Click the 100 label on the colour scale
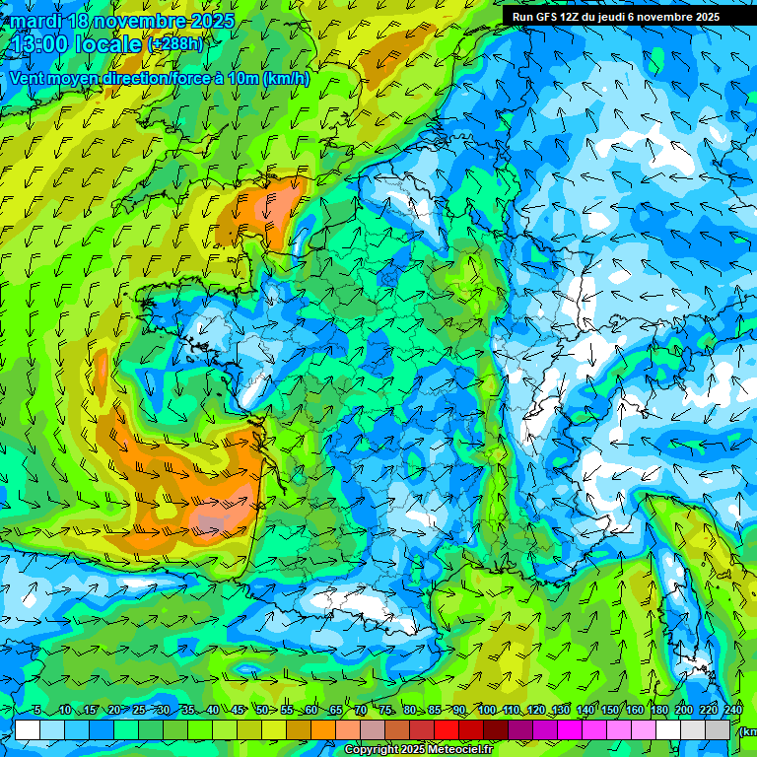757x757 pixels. [486, 711]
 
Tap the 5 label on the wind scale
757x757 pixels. [37, 711]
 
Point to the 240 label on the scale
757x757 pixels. [732, 711]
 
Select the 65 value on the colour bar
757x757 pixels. [336, 711]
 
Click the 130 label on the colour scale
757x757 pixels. [560, 711]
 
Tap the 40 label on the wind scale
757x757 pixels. [212, 711]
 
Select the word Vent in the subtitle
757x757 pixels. [28, 78]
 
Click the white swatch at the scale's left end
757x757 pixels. [28, 729]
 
